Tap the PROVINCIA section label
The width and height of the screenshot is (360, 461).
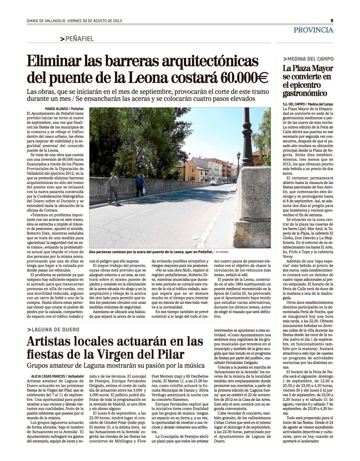coord(313,30)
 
